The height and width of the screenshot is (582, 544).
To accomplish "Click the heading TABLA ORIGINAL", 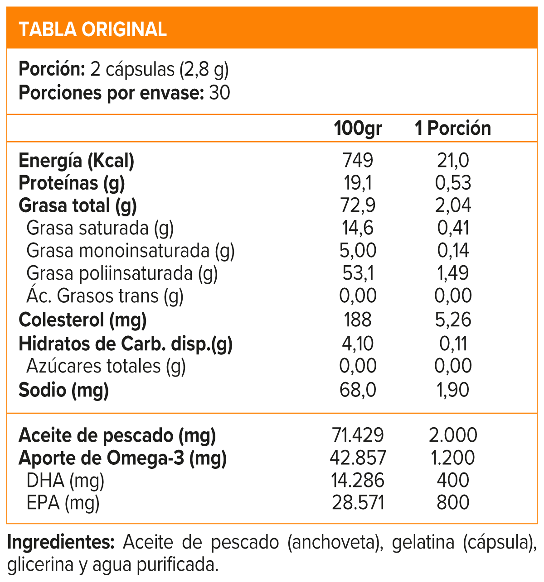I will coord(93,29).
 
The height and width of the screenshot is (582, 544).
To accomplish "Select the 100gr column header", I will coord(358,129).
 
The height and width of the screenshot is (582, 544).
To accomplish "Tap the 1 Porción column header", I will coord(453,129).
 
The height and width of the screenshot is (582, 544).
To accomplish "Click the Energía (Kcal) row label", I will coord(77,161).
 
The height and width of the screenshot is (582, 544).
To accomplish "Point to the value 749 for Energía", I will coord(358,161).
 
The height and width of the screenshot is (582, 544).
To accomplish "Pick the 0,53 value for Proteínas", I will coord(453,183).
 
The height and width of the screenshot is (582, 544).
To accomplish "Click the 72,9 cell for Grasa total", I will coord(358,205).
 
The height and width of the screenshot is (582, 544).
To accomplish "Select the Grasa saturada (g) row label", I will coord(100,228).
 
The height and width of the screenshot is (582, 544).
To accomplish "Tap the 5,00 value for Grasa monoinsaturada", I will coord(358,250).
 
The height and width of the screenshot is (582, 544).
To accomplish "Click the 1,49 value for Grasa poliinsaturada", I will coord(453,273).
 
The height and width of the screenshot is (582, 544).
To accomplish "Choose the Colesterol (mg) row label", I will coord(83,320).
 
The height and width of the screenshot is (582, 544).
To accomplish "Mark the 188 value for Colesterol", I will coord(358,320).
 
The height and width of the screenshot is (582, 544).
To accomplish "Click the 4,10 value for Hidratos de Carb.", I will coord(358,343).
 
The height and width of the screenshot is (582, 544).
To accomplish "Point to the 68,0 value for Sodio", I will coord(358,390).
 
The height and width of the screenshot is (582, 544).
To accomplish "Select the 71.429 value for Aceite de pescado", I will coord(358,435).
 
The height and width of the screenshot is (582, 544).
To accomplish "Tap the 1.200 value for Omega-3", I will coord(453,458).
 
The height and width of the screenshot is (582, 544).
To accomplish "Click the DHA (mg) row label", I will coord(65,480).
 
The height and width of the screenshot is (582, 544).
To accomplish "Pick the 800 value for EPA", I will coord(453,503).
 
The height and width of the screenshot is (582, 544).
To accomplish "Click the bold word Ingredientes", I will coord(61,542).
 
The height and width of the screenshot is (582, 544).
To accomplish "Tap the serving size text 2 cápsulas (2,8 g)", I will coord(160,70).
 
